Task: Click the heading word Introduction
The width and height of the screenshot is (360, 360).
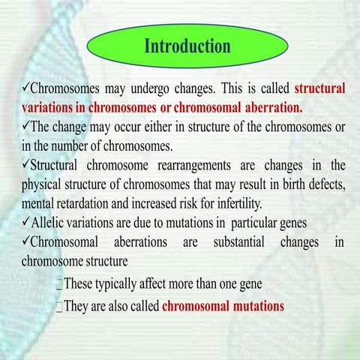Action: (x=187, y=46)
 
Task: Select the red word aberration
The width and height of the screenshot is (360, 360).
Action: (x=269, y=107)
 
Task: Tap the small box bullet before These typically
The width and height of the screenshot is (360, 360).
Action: (x=60, y=284)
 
